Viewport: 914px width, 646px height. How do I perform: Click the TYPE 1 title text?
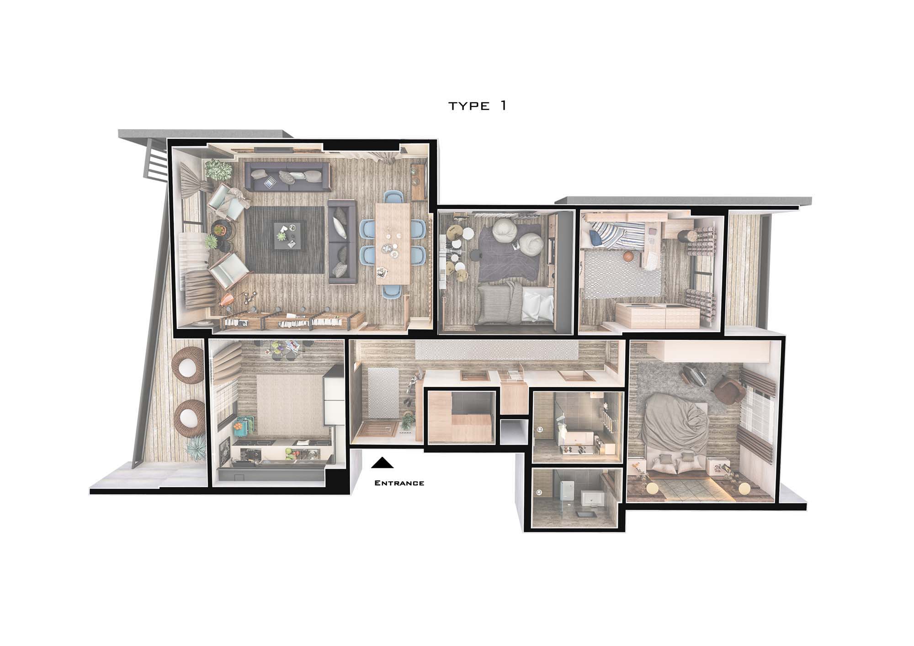[x=477, y=106]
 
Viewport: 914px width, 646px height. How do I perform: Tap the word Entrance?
[x=399, y=483]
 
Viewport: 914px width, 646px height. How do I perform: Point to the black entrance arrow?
[x=382, y=463]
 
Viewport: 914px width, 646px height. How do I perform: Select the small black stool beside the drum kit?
[x=467, y=233]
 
